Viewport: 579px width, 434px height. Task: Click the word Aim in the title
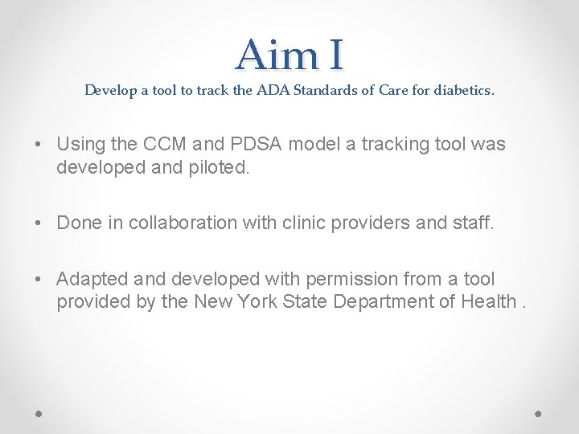(274, 55)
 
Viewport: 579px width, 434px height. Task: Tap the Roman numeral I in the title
(335, 55)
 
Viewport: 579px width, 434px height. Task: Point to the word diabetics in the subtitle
(464, 90)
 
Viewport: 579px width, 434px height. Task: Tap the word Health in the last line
(489, 301)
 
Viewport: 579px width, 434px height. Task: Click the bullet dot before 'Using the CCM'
(39, 145)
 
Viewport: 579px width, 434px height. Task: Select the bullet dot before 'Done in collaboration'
(39, 223)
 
